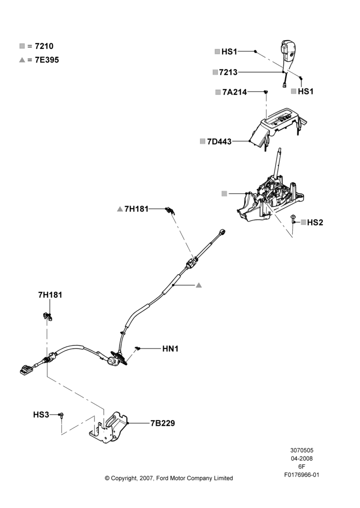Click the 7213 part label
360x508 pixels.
228,72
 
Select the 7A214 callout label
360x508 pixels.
234,92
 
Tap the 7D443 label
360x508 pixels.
219,142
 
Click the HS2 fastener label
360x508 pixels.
315,223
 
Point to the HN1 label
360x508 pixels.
170,348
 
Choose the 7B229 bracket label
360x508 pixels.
163,423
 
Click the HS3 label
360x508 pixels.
41,415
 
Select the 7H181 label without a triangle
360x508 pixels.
50,295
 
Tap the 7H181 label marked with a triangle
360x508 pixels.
136,209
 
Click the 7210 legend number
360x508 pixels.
44,46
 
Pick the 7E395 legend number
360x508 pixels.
47,60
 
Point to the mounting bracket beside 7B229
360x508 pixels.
109,427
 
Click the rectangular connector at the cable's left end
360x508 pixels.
26,369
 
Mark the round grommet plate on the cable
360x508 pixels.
118,358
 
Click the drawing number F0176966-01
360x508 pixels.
302,474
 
